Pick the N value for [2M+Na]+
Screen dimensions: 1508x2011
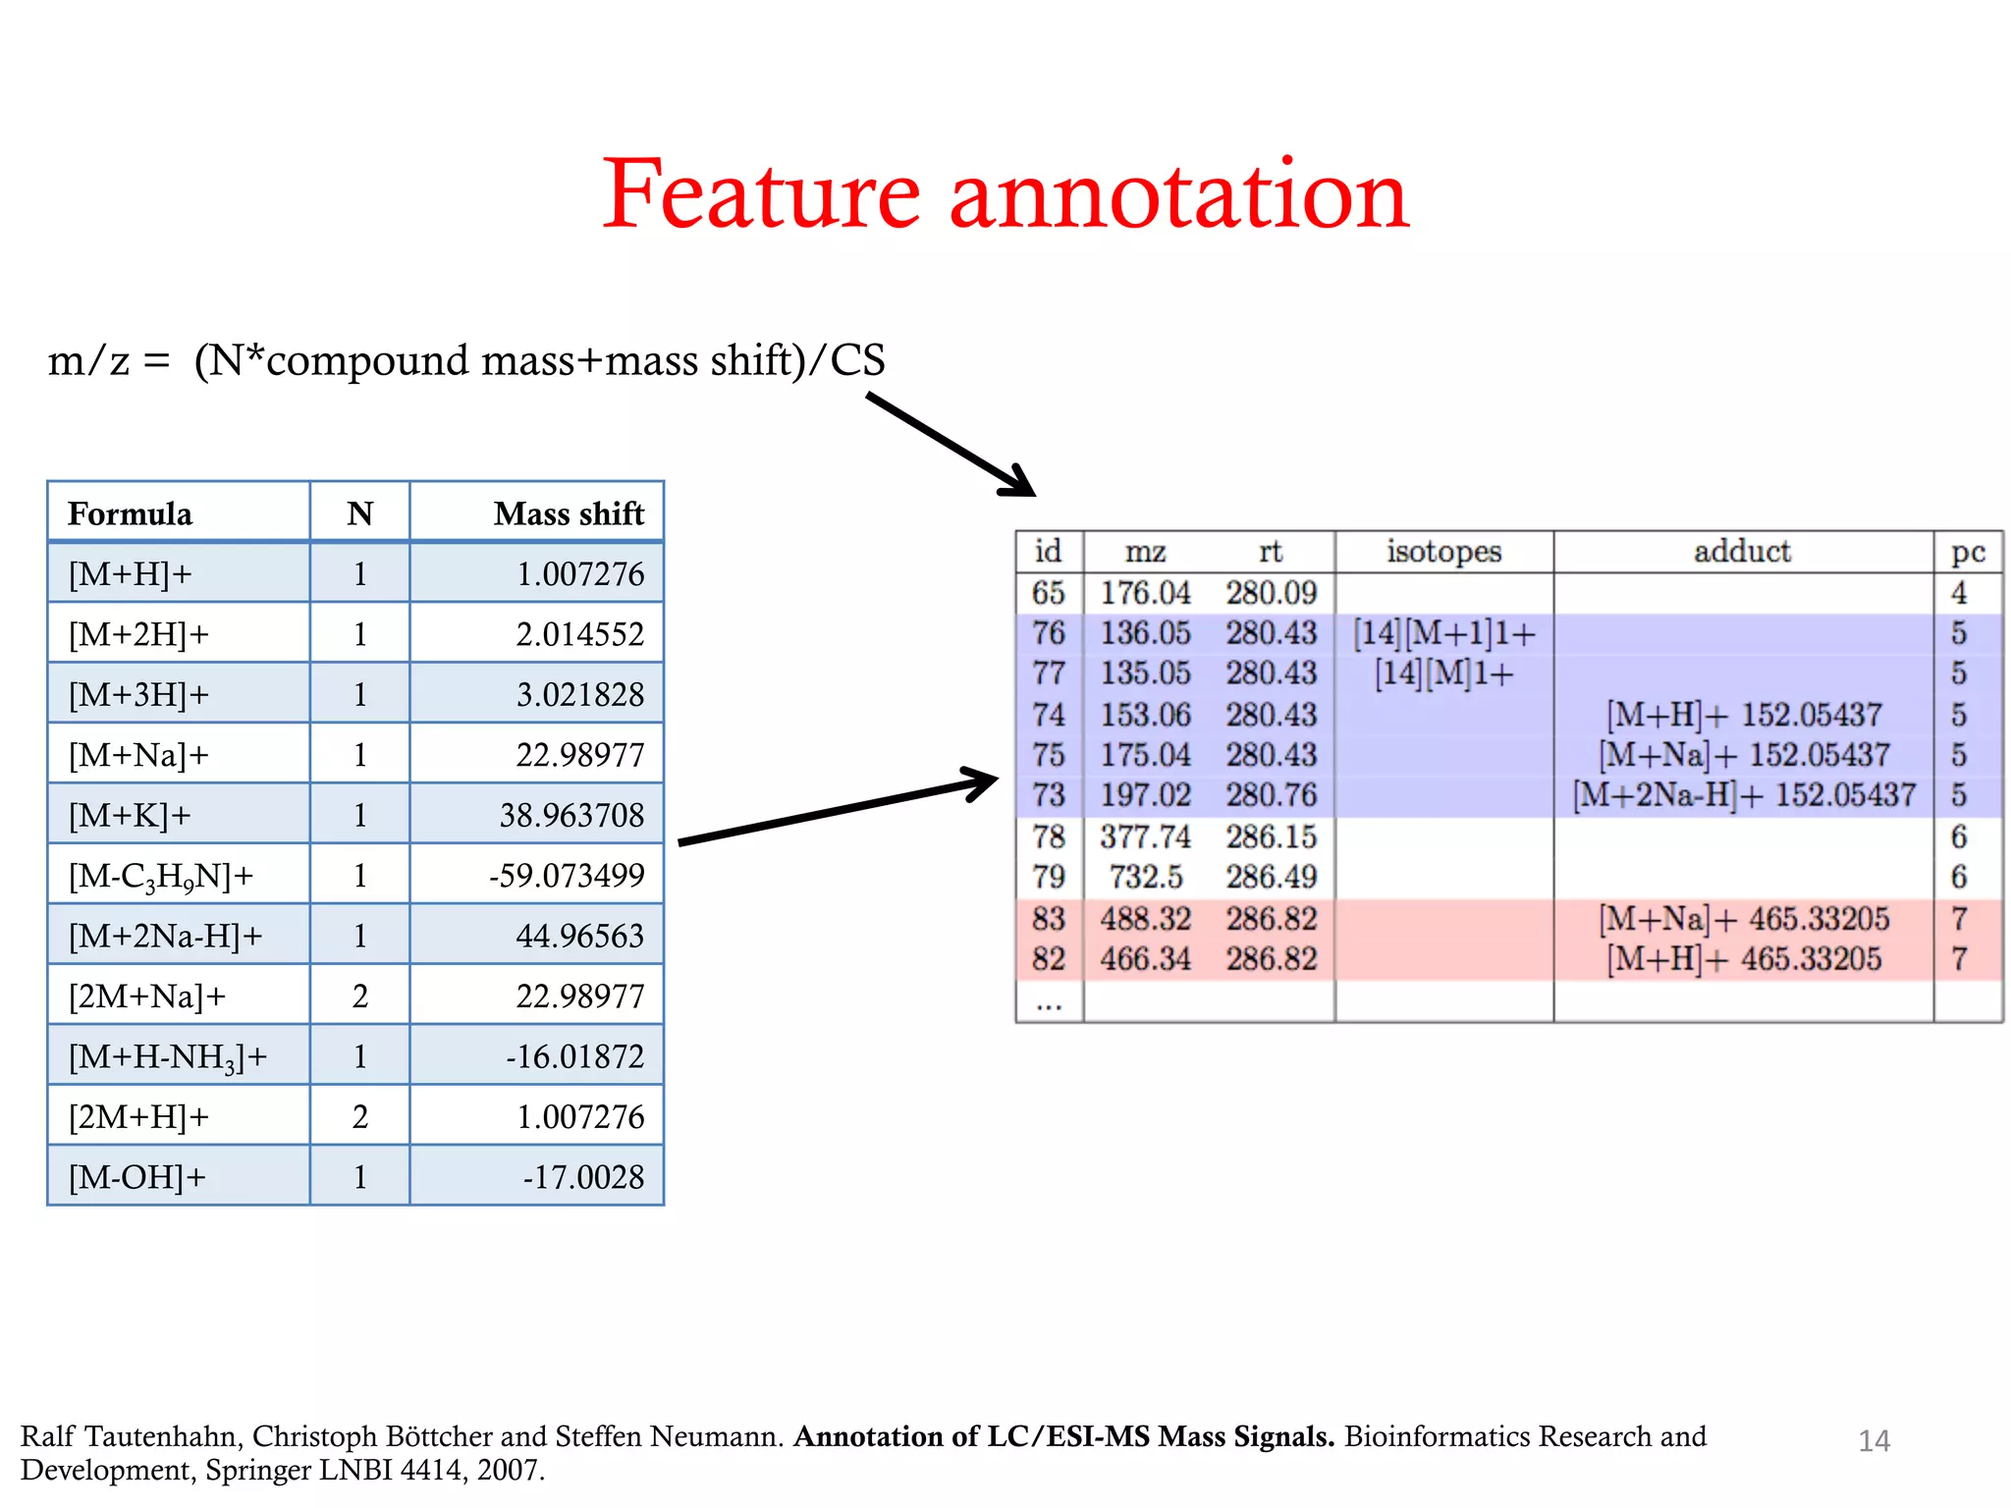359,996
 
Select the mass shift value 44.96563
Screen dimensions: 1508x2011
579,936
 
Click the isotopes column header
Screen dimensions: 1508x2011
1443,551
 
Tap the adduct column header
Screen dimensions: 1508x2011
1742,551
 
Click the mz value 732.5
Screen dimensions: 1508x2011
1145,877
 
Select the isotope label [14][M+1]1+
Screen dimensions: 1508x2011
1443,633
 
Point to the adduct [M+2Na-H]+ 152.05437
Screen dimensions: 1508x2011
1743,794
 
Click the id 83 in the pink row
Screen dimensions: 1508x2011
1048,918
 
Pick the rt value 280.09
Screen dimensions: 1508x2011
1271,592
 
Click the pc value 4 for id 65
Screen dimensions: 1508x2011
1958,592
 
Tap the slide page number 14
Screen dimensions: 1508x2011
1874,1440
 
